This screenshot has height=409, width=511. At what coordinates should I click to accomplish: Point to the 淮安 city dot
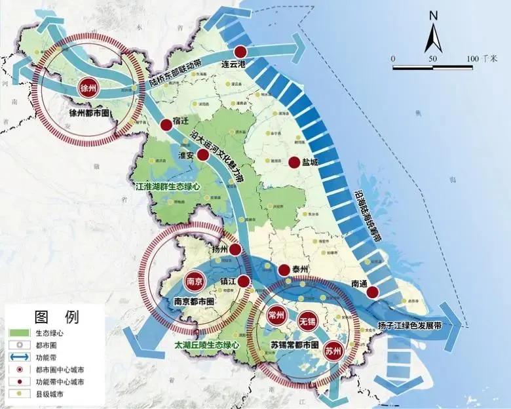202,155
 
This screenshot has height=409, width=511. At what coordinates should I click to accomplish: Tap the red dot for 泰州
284,269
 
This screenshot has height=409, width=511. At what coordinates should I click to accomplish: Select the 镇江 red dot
243,281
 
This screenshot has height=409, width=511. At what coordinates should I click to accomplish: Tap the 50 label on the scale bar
432,59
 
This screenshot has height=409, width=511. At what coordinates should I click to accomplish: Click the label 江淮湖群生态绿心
167,186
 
